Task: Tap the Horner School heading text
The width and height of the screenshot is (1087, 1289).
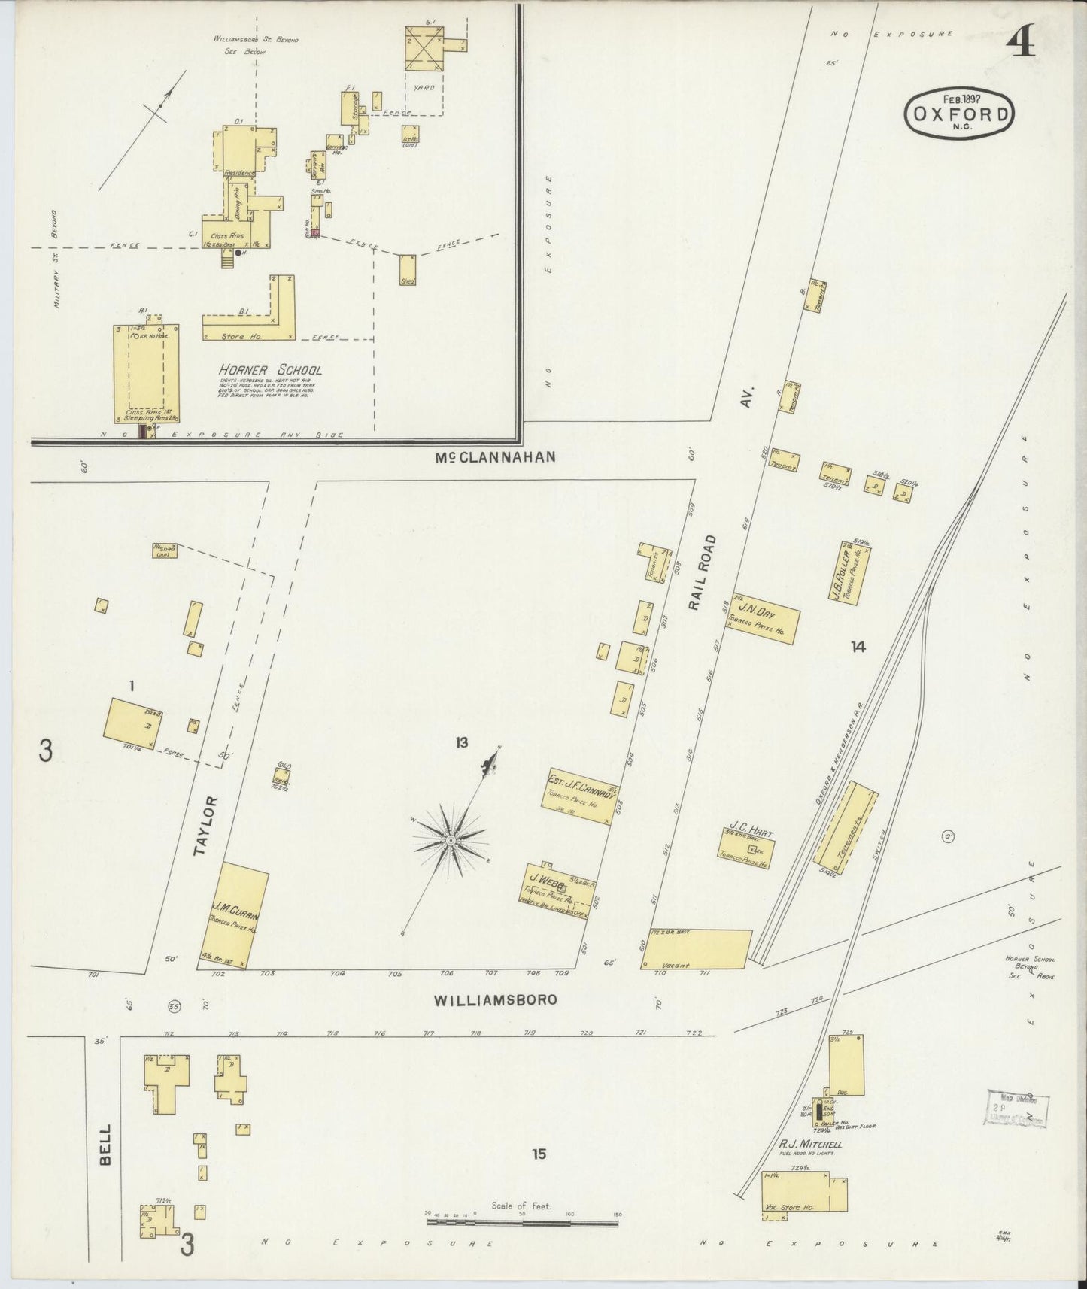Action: tap(270, 370)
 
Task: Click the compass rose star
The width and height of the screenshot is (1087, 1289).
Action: tap(450, 839)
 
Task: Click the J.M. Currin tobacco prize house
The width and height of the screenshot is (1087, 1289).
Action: tap(235, 917)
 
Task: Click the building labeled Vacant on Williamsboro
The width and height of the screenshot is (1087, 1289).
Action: tap(696, 948)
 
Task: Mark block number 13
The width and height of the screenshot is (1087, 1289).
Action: tap(461, 743)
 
